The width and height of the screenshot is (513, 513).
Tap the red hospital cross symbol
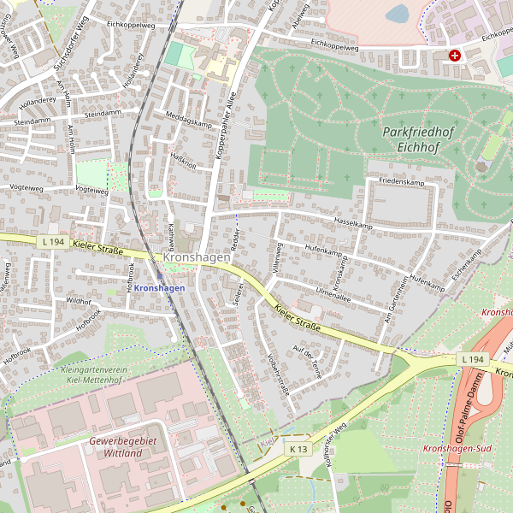point(454,56)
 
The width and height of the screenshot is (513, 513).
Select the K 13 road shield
point(298,449)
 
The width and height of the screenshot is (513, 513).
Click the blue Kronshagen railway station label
point(159,288)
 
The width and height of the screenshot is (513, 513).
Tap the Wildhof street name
point(78,301)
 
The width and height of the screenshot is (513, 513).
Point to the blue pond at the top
point(397,13)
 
